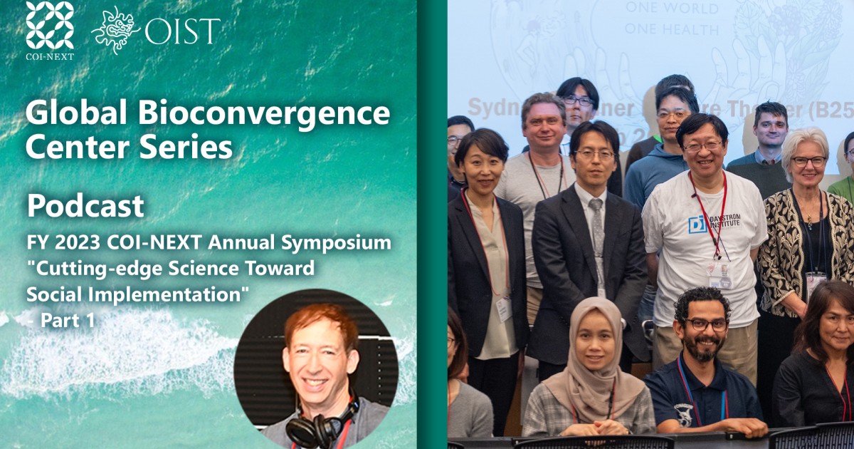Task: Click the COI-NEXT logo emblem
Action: [x=50, y=25]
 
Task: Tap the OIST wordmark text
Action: [x=182, y=31]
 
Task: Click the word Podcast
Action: [x=85, y=206]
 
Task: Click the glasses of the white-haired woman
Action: [x=808, y=161]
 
